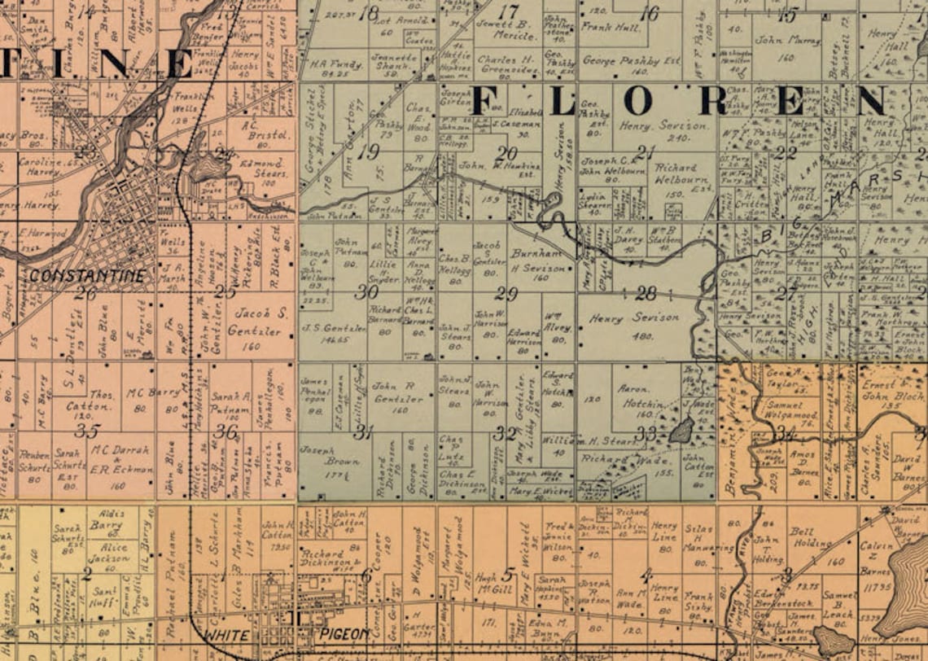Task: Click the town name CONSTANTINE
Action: click(x=87, y=275)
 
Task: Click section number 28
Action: click(x=646, y=293)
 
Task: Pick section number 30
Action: click(x=366, y=291)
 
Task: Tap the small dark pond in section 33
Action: click(x=681, y=431)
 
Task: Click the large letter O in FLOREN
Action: click(x=637, y=101)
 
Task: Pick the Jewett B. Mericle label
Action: click(x=506, y=28)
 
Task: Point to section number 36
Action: click(x=226, y=431)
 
